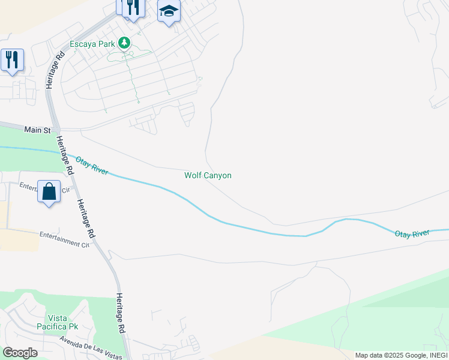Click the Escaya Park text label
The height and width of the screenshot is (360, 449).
pyautogui.click(x=92, y=44)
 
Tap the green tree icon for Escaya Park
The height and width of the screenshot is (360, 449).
pyautogui.click(x=124, y=43)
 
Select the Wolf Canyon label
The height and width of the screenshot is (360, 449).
pyautogui.click(x=208, y=176)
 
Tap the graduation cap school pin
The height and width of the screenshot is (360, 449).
pyautogui.click(x=169, y=11)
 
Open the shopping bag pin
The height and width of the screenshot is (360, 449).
pyautogui.click(x=49, y=192)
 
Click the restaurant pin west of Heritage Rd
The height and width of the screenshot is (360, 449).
pyautogui.click(x=12, y=60)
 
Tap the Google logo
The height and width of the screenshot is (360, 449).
pyautogui.click(x=20, y=352)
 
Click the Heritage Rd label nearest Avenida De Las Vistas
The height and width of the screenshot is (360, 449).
pyautogui.click(x=120, y=313)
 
